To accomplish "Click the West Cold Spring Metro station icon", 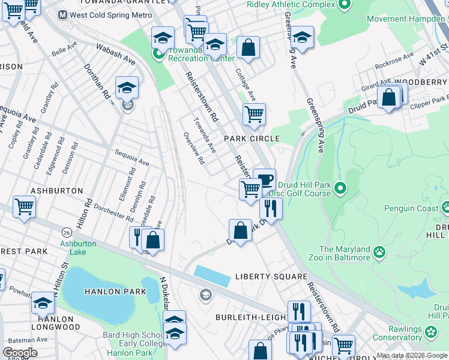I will click(63, 14).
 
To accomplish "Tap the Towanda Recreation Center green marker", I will click(158, 54).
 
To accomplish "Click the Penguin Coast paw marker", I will click(445, 208).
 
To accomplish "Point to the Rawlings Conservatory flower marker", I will click(430, 331).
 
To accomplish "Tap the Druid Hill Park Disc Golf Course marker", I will click(340, 190).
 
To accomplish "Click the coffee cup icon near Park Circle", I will click(264, 179).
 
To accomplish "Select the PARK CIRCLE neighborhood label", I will click(252, 139).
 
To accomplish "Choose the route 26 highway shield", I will click(65, 232).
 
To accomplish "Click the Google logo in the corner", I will click(20, 353).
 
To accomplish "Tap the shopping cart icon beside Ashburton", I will click(25, 207).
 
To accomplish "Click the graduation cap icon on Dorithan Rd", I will click(127, 88).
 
